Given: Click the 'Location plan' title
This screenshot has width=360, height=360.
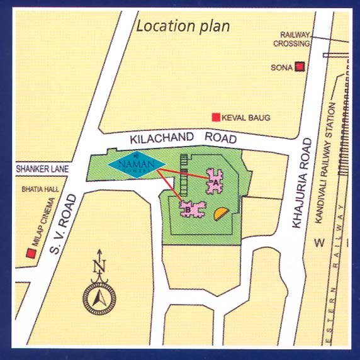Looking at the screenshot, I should coord(183,26).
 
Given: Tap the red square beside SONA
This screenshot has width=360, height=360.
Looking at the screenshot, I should coord(301,67).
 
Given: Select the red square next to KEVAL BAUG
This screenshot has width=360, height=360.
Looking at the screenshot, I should coord(215,117).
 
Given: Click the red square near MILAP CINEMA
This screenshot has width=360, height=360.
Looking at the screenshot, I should coord(30,253).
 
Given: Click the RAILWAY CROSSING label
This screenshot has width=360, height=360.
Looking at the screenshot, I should coord(291,40).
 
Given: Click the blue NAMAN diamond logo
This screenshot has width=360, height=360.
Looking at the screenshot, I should coord(133,165).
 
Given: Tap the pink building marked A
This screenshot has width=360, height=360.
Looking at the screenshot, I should coord(216,182).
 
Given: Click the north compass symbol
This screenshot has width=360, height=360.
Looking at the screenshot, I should coord(98,300).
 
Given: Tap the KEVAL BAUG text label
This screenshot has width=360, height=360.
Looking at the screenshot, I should coord(246,118).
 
